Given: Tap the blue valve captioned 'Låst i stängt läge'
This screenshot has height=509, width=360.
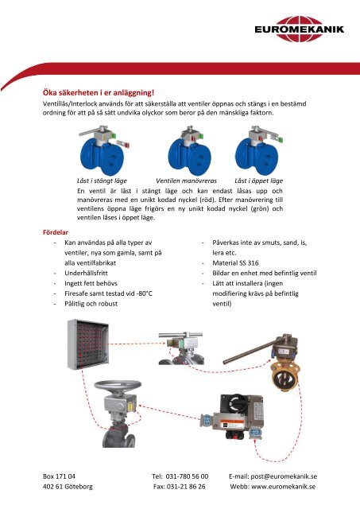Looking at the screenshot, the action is click(x=102, y=154).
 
